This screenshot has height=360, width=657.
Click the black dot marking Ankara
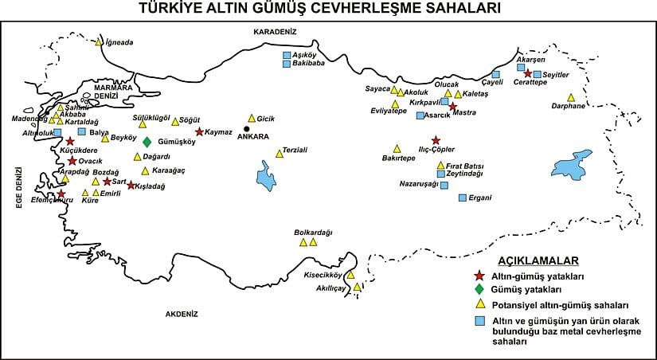(x=247, y=128)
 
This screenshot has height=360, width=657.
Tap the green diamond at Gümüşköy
(x=147, y=142)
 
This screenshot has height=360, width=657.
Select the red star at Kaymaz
(x=199, y=131)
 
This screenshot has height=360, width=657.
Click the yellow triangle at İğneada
(x=99, y=42)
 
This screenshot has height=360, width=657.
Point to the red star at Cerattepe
(x=527, y=73)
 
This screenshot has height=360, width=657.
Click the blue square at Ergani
(x=462, y=197)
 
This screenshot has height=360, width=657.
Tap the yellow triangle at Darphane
(x=570, y=97)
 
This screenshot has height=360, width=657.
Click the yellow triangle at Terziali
(x=279, y=153)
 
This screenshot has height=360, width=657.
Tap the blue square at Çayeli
(x=495, y=74)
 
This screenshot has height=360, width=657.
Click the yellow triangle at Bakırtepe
(x=397, y=148)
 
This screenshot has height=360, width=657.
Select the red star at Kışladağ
(x=131, y=186)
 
